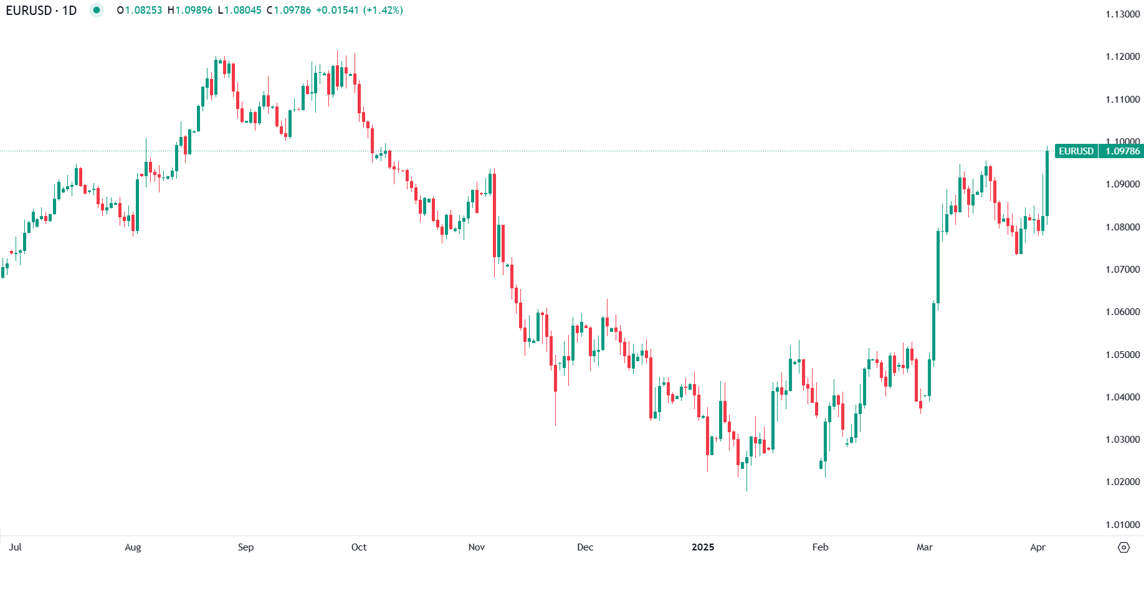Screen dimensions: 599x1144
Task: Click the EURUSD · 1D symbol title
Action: tap(41, 11)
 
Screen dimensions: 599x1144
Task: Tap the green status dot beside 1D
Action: tap(96, 10)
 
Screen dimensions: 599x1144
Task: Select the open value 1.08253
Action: tap(143, 11)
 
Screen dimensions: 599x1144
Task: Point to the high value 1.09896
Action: tap(193, 11)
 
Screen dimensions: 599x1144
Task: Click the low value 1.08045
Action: tap(242, 11)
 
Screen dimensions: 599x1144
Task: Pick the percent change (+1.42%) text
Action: tap(384, 11)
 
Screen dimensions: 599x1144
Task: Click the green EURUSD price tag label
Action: tap(1075, 151)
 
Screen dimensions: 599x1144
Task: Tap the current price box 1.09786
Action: tap(1122, 151)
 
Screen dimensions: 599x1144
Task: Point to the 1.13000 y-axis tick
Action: tap(1122, 14)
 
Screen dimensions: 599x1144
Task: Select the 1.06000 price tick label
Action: tap(1122, 312)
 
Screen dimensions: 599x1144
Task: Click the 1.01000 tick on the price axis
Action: tap(1122, 525)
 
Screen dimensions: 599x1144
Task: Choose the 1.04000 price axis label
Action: tap(1122, 397)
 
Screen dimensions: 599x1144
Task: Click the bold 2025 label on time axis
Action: tap(703, 547)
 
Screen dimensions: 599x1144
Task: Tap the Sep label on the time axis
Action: tap(245, 547)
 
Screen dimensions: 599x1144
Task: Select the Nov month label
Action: tap(476, 547)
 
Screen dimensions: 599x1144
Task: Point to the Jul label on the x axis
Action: tap(16, 547)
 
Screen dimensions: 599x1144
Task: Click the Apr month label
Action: tap(1037, 547)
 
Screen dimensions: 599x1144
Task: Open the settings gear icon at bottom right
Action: tap(1123, 547)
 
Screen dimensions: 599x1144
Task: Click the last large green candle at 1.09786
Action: tap(1047, 184)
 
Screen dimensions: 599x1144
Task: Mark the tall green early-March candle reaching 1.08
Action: tap(938, 268)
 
